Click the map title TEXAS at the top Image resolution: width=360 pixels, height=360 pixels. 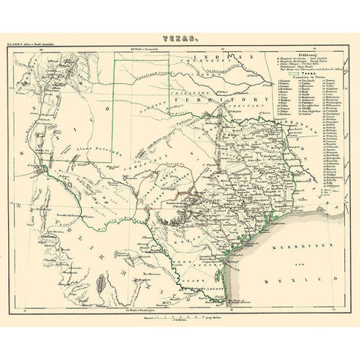click(180, 35)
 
